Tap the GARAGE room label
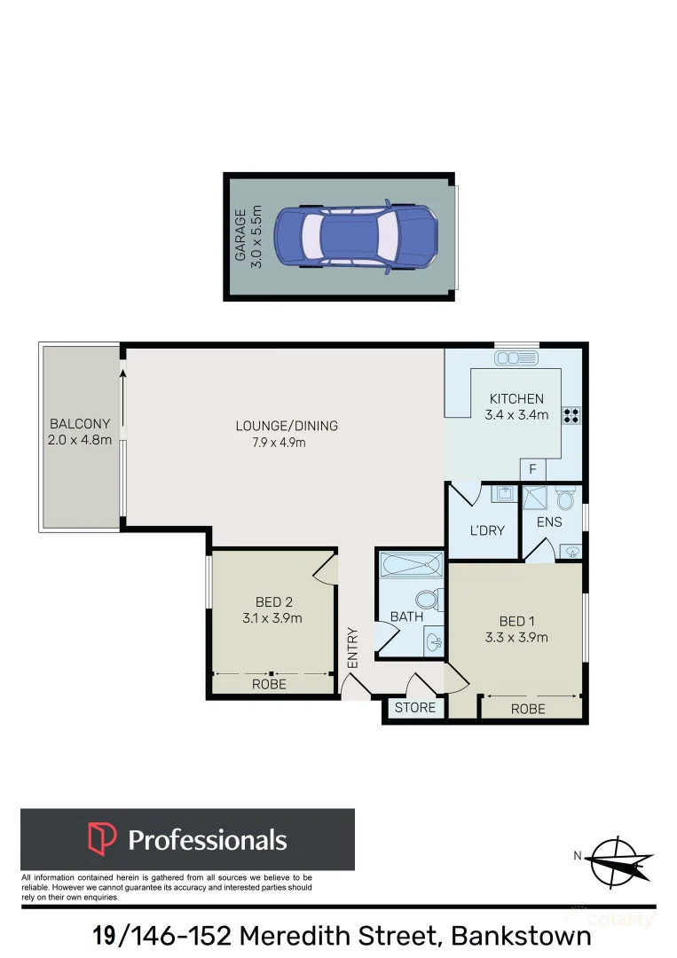240,236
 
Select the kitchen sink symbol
516,357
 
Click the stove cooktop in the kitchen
571,415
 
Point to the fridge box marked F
532,469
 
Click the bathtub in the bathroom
411,564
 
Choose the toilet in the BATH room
429,600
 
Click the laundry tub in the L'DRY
505,493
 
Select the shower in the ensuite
536,498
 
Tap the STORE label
415,708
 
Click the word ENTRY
352,648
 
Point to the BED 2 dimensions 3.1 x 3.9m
272,618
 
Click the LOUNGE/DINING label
287,426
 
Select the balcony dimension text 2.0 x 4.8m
80,439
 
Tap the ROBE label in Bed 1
528,709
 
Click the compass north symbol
615,861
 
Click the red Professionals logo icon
102,838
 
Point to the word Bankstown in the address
521,937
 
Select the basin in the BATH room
434,641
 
